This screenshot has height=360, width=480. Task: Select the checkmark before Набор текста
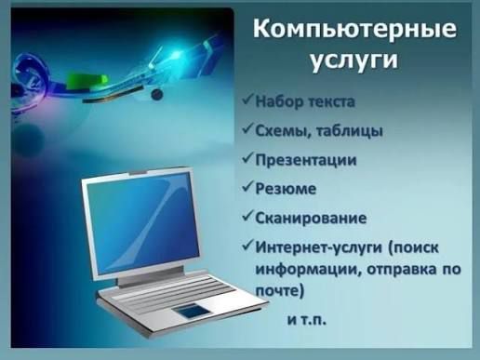click(247, 98)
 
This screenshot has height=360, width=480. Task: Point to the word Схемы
click(284, 129)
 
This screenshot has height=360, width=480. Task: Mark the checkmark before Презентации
click(247, 158)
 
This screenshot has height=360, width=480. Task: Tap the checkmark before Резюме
click(247, 188)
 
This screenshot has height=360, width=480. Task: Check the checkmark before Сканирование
click(247, 218)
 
